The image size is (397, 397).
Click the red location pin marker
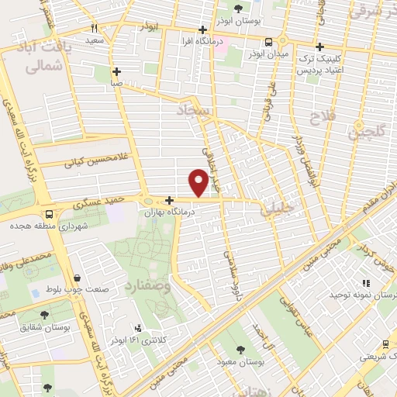coord(199,183)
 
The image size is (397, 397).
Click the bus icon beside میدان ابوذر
coord(268,42)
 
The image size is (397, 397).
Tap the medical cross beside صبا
coord(116,70)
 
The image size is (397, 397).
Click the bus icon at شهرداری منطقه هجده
coord(49,214)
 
